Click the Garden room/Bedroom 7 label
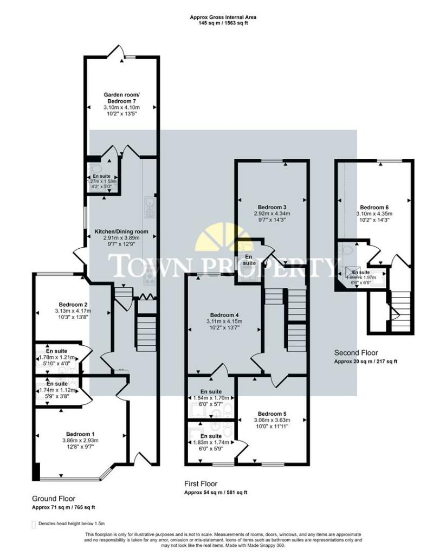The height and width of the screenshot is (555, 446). click(121, 98)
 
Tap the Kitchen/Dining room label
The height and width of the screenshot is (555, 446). click(121, 231)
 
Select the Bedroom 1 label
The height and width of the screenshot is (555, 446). click(80, 434)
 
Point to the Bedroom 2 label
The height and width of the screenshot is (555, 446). click(74, 304)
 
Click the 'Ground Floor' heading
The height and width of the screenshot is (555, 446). click(53, 499)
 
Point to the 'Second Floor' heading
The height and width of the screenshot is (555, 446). click(355, 352)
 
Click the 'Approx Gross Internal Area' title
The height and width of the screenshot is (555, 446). click(223, 17)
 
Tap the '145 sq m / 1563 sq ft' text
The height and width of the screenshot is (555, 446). click(223, 23)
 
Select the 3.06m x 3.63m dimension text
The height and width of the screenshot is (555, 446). click(273, 420)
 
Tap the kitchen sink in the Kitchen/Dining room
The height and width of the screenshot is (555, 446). click(149, 204)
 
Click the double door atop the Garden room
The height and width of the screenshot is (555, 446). click(116, 53)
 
